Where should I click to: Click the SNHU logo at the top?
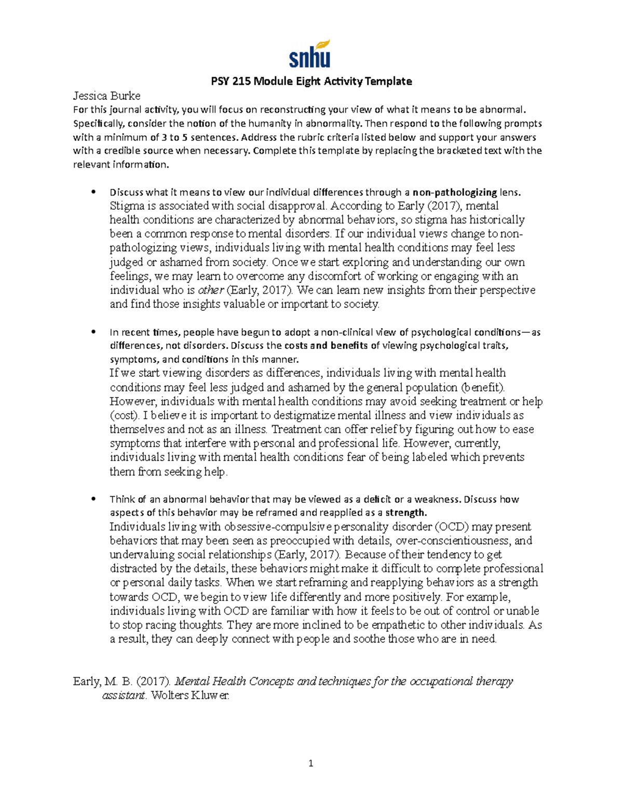click(x=309, y=54)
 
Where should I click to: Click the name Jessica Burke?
click(x=106, y=95)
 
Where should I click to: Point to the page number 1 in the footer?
click(x=311, y=763)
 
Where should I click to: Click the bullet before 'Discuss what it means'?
click(x=93, y=192)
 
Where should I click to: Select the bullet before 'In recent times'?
click(x=93, y=332)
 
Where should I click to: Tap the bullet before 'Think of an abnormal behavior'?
click(x=93, y=499)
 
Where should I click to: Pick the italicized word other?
click(x=211, y=290)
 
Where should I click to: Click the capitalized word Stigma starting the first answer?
click(x=127, y=206)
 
